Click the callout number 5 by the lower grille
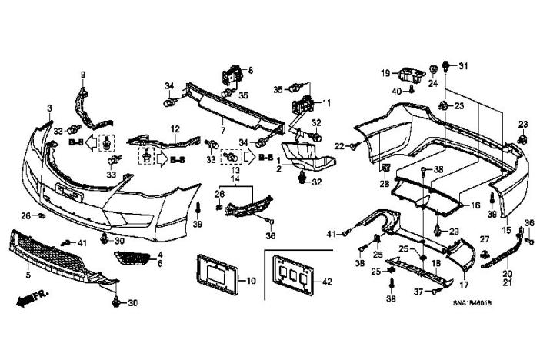click(28, 274)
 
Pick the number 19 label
click(384, 73)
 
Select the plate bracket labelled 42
click(291, 278)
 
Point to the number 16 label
click(475, 206)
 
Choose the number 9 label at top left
click(83, 74)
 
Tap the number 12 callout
click(175, 129)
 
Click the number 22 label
click(339, 146)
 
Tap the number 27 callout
click(485, 239)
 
